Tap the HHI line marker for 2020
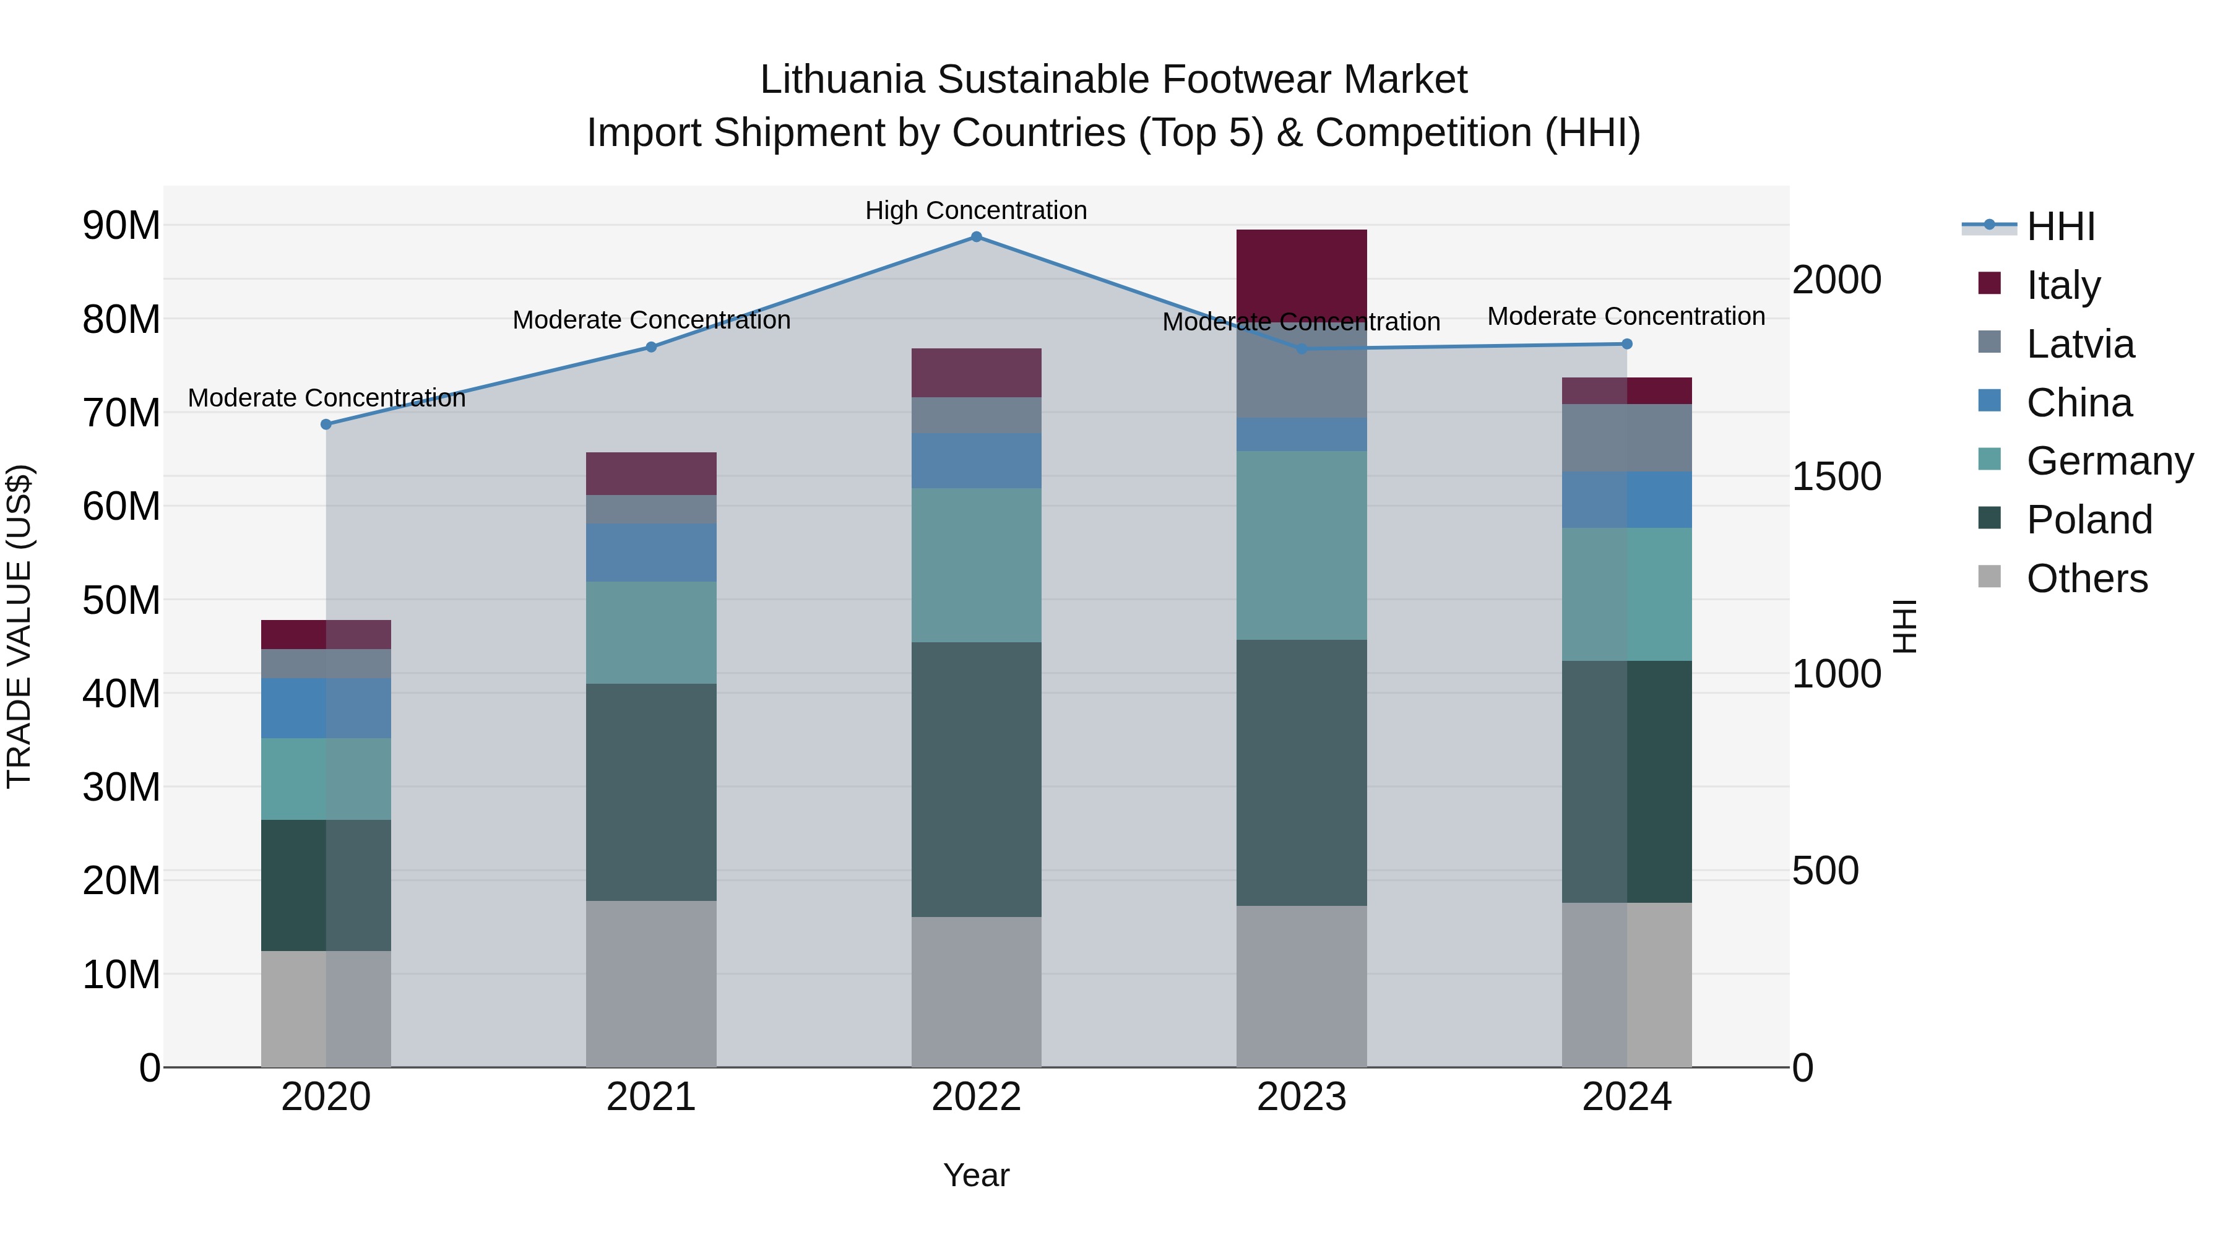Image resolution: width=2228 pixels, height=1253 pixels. [326, 424]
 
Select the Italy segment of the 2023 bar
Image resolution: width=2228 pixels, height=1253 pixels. [1301, 275]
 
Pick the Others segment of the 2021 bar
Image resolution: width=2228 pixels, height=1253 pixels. [650, 983]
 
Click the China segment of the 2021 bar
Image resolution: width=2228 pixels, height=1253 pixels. [650, 552]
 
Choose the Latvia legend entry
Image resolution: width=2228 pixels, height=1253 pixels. [2079, 344]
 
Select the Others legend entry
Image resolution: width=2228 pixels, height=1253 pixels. [2086, 579]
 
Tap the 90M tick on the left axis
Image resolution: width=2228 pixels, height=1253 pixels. [121, 226]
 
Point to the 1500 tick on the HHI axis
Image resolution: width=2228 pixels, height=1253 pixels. [1836, 476]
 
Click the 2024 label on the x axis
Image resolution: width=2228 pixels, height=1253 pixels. [1626, 1097]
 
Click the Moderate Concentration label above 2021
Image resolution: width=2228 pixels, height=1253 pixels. [650, 320]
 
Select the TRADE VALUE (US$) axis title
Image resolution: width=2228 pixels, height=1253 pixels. [19, 626]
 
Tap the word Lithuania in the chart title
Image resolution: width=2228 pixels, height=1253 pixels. [842, 80]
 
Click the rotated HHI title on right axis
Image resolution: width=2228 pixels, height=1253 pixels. [1904, 626]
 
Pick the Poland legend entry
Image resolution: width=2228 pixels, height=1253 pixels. [2088, 520]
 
